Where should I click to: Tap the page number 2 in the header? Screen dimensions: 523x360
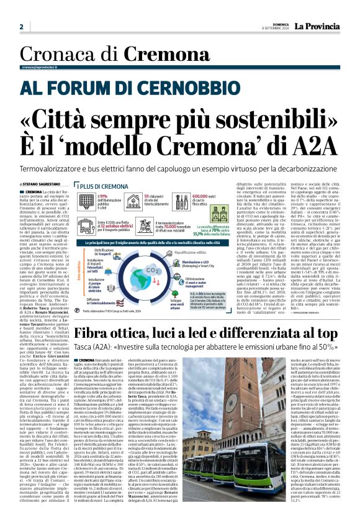tap(22, 27)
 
